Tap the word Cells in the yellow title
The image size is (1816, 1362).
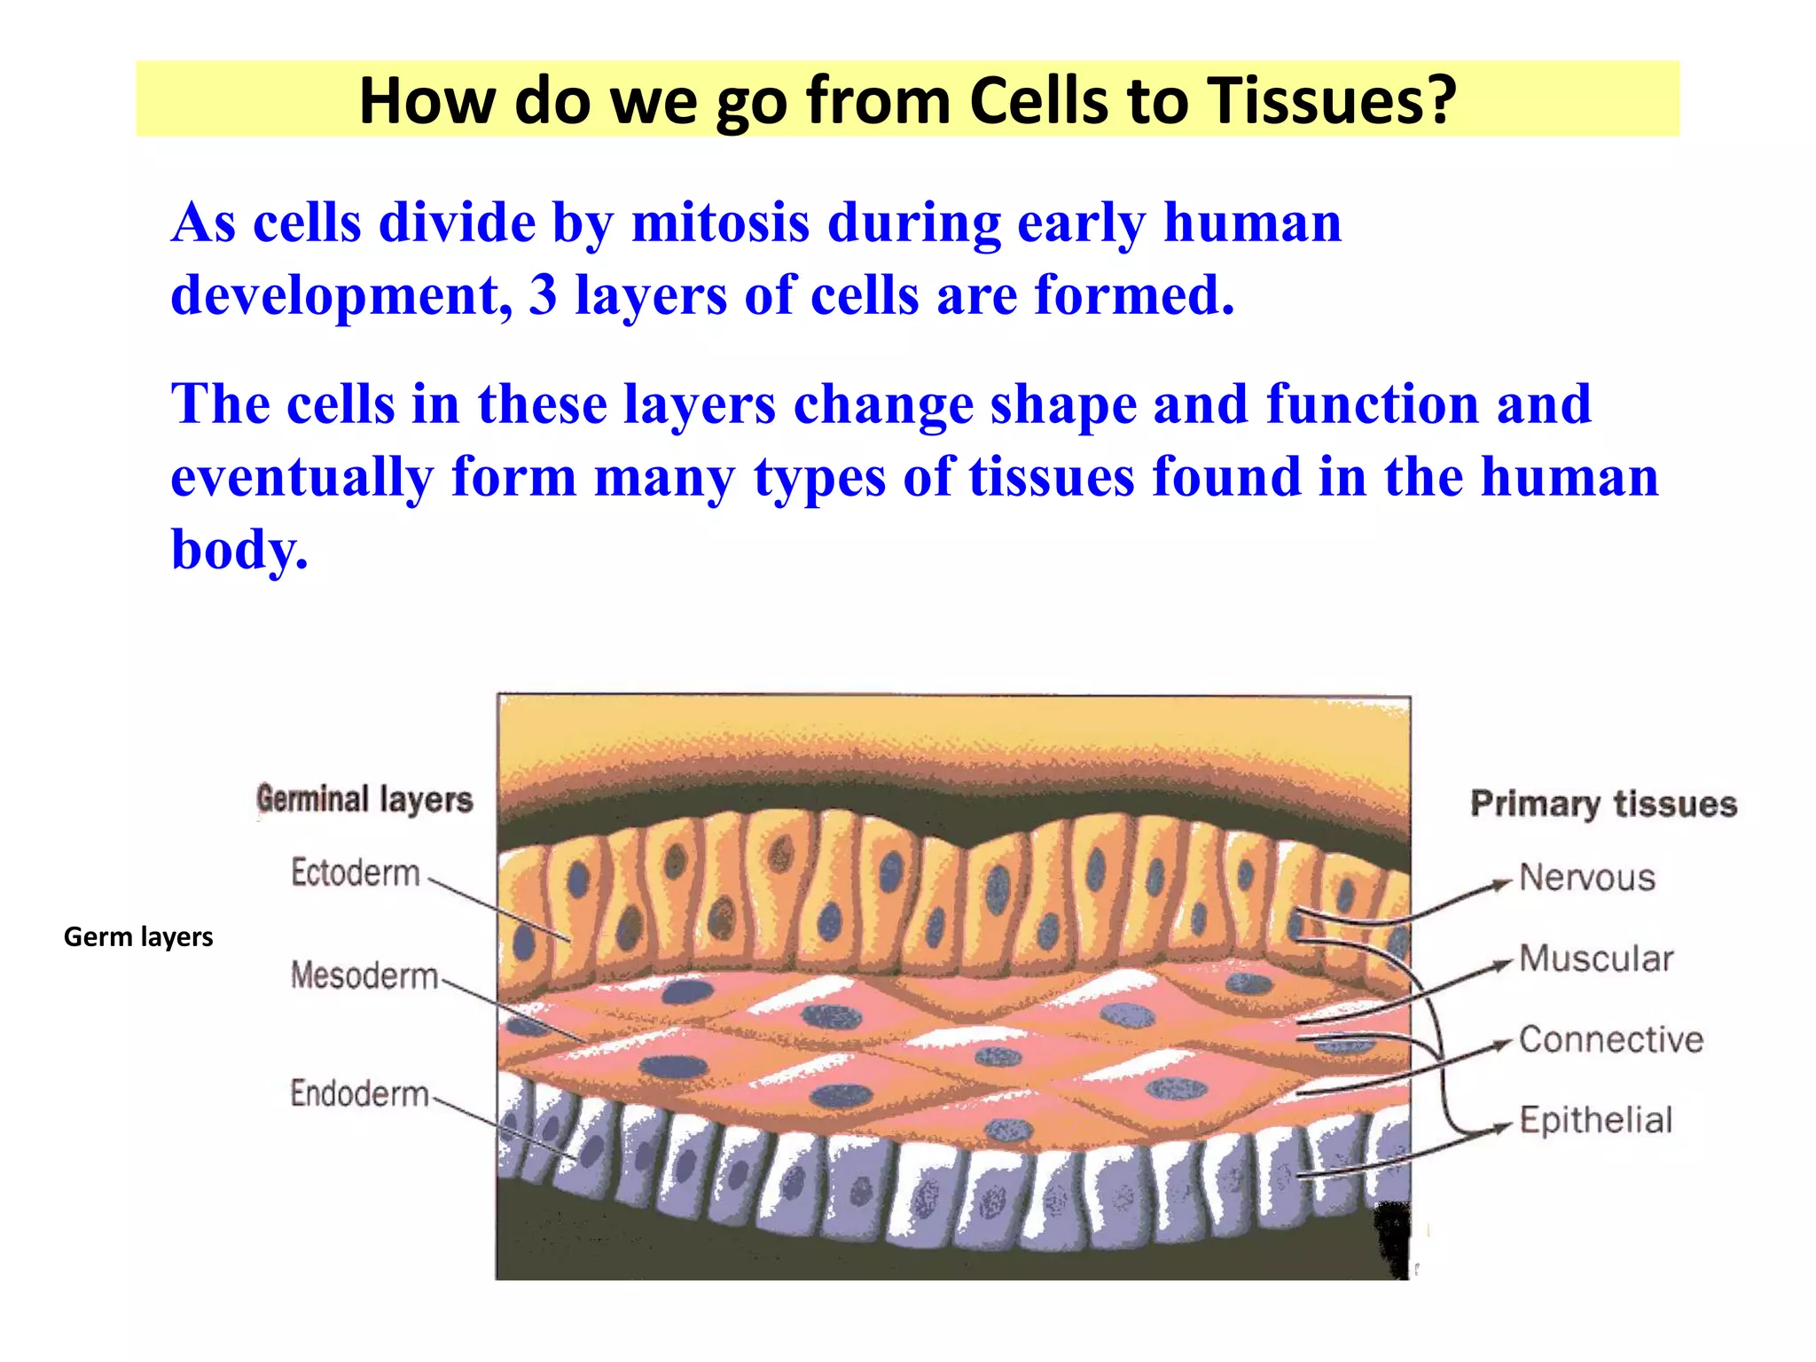(1039, 100)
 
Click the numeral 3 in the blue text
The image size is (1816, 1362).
(543, 294)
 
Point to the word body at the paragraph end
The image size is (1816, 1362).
(238, 550)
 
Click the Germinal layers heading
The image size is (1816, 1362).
(364, 799)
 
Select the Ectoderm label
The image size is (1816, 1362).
(355, 873)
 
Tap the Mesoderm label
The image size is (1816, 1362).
(364, 975)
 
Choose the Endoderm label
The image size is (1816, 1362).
(359, 1093)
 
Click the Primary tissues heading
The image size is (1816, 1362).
(1603, 803)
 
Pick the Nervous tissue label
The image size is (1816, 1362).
(1587, 878)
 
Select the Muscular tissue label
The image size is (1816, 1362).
(1596, 959)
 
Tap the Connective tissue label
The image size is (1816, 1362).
(1611, 1039)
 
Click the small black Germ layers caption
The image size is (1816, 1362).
(138, 937)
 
